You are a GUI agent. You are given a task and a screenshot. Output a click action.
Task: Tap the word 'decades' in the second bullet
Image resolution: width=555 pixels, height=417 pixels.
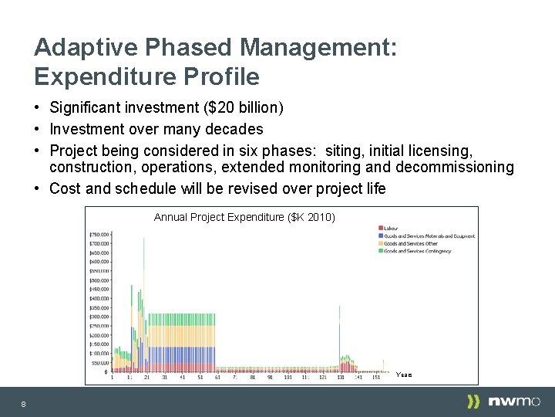click(x=234, y=129)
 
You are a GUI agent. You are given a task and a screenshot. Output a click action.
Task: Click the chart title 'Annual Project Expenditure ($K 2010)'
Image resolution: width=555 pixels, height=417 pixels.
click(x=244, y=217)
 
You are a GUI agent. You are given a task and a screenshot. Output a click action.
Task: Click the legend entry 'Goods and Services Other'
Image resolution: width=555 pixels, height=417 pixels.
click(x=409, y=243)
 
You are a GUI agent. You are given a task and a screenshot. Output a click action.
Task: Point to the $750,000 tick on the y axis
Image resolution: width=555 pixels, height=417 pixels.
click(x=99, y=234)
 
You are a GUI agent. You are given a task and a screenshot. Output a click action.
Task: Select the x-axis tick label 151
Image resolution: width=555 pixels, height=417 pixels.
click(x=376, y=378)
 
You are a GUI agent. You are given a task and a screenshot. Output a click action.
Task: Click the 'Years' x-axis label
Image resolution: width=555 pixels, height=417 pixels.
click(x=404, y=375)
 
